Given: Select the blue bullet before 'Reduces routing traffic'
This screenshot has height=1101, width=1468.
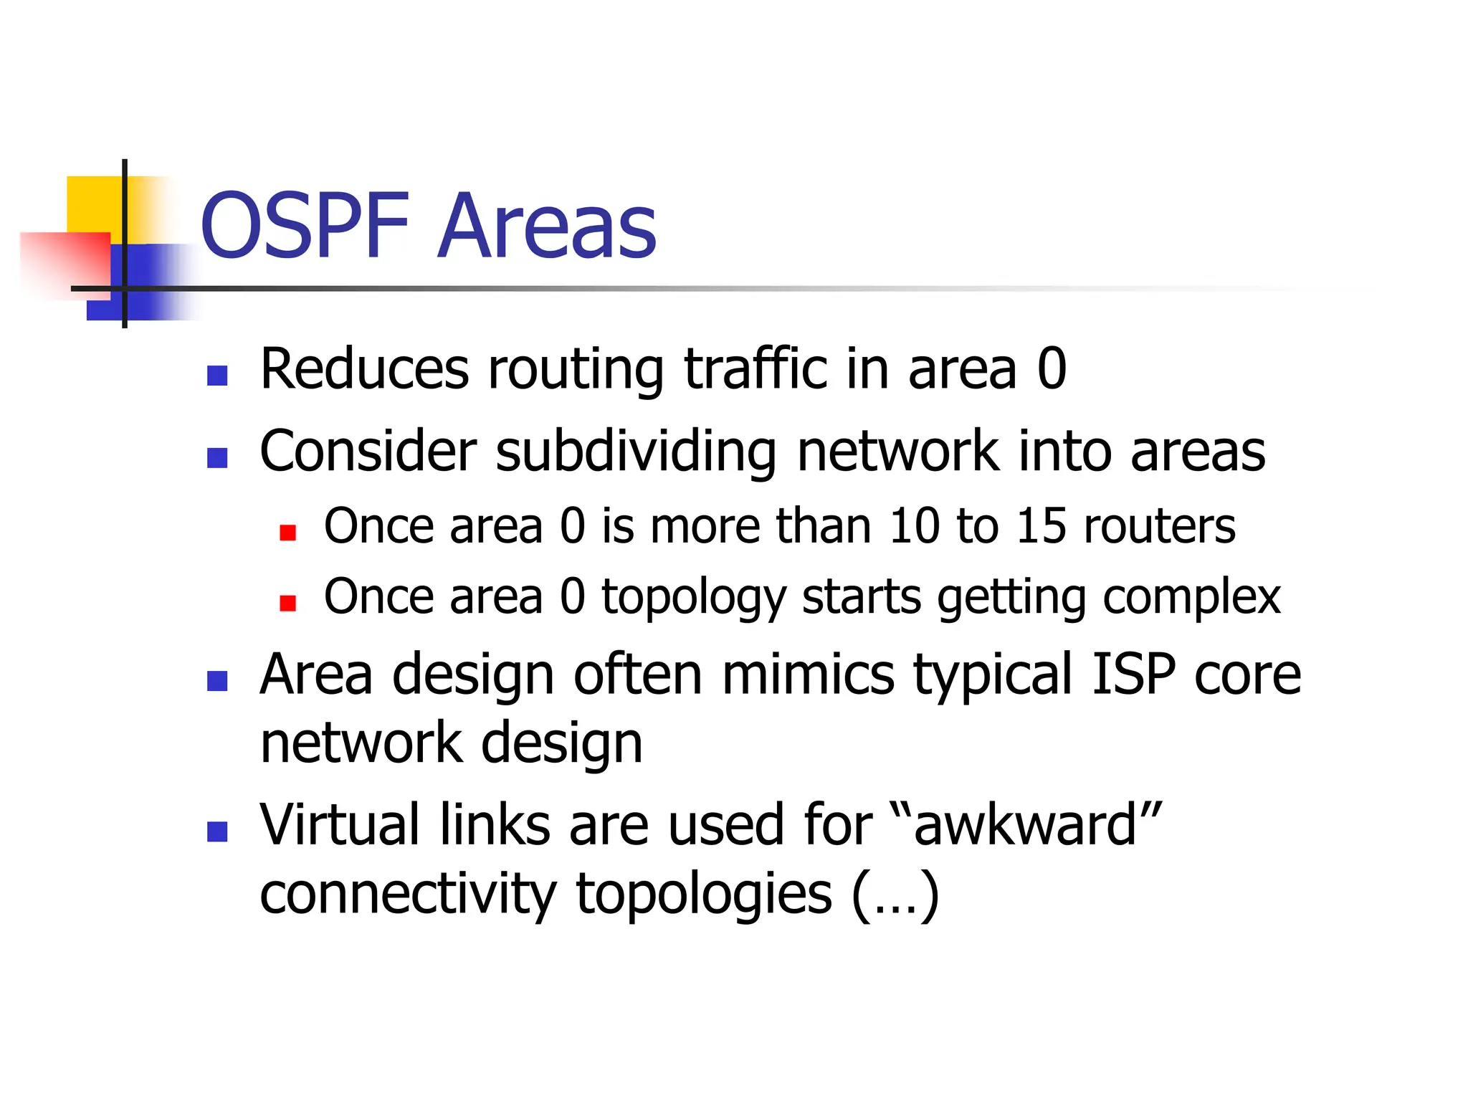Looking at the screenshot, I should pyautogui.click(x=217, y=376).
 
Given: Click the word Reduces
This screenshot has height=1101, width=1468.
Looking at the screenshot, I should pyautogui.click(x=364, y=369).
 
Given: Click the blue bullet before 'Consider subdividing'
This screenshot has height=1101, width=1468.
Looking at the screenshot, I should pyautogui.click(x=217, y=457).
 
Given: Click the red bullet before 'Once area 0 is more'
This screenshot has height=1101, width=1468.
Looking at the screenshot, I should pyautogui.click(x=288, y=533).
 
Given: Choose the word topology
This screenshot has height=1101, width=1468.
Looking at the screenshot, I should pyautogui.click(x=693, y=598).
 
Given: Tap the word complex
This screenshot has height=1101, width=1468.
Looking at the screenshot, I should pyautogui.click(x=1191, y=598).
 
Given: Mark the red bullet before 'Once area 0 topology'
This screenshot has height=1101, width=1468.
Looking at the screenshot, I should pyautogui.click(x=288, y=603).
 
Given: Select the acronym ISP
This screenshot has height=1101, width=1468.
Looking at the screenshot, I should pyautogui.click(x=1133, y=675).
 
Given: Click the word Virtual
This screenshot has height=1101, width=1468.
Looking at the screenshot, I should pyautogui.click(x=340, y=825).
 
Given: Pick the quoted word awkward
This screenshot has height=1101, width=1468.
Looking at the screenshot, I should pyautogui.click(x=1025, y=825).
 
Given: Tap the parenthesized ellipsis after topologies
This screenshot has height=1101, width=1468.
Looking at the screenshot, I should pyautogui.click(x=895, y=895).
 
